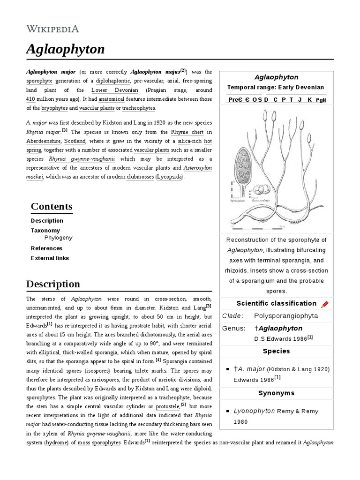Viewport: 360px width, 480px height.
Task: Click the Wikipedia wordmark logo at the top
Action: pos(52,29)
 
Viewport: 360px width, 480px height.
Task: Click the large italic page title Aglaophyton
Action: pos(66,49)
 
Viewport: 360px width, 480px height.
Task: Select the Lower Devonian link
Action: pos(108,90)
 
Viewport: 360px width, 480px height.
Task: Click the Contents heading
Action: pos(52,207)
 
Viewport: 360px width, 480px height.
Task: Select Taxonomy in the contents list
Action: pos(45,230)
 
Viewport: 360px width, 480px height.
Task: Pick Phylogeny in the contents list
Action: pos(58,238)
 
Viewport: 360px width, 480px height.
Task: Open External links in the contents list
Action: pos(50,258)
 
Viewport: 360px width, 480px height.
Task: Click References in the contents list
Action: pos(46,248)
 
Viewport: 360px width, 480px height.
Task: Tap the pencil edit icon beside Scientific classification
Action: pos(324,304)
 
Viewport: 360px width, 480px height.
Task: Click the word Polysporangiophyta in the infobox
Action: pos(286,316)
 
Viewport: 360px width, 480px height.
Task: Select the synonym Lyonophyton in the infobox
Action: pos(254,411)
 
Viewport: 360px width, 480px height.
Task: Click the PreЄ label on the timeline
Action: pos(234,100)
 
